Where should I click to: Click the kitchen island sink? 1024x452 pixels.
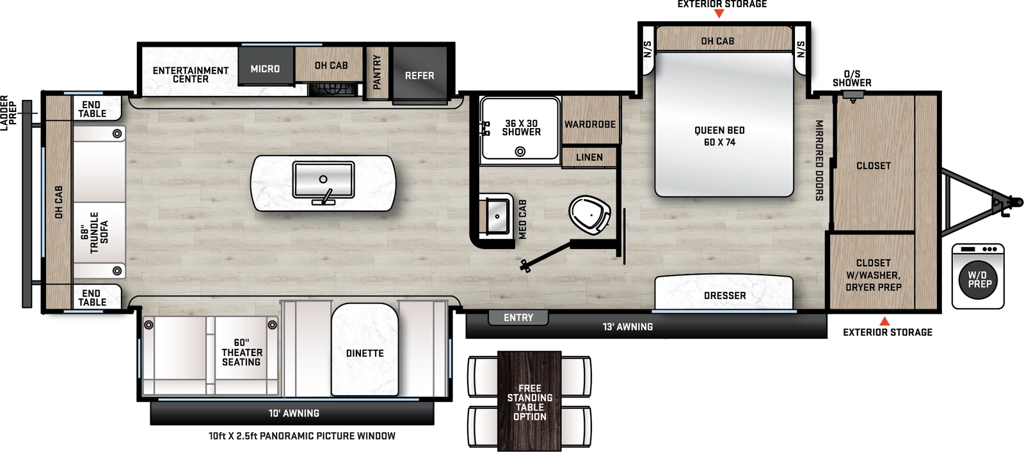pyautogui.click(x=323, y=180)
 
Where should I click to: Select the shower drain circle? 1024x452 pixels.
pyautogui.click(x=520, y=152)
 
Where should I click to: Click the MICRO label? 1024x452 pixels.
pyautogui.click(x=265, y=69)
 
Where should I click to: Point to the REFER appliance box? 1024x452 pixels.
pyautogui.click(x=420, y=76)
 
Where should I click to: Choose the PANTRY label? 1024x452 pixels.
pyautogui.click(x=377, y=72)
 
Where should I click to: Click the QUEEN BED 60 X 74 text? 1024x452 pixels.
pyautogui.click(x=719, y=136)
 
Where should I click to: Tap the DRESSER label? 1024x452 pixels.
pyautogui.click(x=724, y=295)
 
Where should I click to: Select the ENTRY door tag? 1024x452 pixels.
pyautogui.click(x=518, y=318)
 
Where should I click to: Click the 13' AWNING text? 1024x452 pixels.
pyautogui.click(x=627, y=327)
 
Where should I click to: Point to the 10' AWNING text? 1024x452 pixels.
pyautogui.click(x=294, y=413)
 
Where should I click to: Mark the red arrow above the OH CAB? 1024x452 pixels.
pyautogui.click(x=719, y=13)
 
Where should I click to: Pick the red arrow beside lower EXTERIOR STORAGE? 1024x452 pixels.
pyautogui.click(x=884, y=321)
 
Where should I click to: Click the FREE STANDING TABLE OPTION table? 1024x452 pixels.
pyautogui.click(x=529, y=401)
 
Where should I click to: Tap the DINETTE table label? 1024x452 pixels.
pyautogui.click(x=365, y=353)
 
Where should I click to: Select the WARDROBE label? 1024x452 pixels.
pyautogui.click(x=589, y=124)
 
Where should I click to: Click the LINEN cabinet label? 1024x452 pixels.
pyautogui.click(x=589, y=157)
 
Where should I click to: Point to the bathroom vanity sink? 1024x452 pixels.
pyautogui.click(x=497, y=216)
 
